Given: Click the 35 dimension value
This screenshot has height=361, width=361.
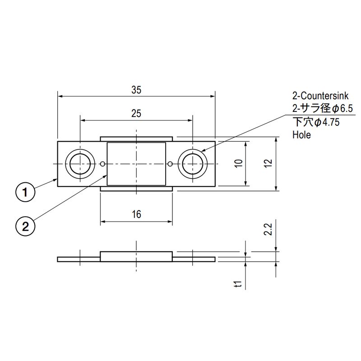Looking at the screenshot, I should pyautogui.click(x=136, y=90).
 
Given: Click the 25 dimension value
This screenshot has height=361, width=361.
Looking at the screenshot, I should pyautogui.click(x=136, y=114).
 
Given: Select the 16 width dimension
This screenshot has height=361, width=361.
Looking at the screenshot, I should pyautogui.click(x=136, y=214).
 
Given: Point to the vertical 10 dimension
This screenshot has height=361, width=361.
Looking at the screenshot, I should pyautogui.click(x=239, y=163).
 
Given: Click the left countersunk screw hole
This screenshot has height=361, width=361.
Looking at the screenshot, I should pyautogui.click(x=80, y=163).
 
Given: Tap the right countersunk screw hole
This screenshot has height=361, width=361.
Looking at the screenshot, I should pyautogui.click(x=193, y=163).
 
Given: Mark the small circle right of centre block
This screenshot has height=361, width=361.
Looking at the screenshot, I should pyautogui.click(x=170, y=163).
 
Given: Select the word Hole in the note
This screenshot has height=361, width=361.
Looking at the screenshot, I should pyautogui.click(x=301, y=134).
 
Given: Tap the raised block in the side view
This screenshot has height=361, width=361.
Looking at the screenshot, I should pyautogui.click(x=136, y=256).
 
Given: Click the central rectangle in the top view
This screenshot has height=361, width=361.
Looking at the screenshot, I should pyautogui.click(x=136, y=163).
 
